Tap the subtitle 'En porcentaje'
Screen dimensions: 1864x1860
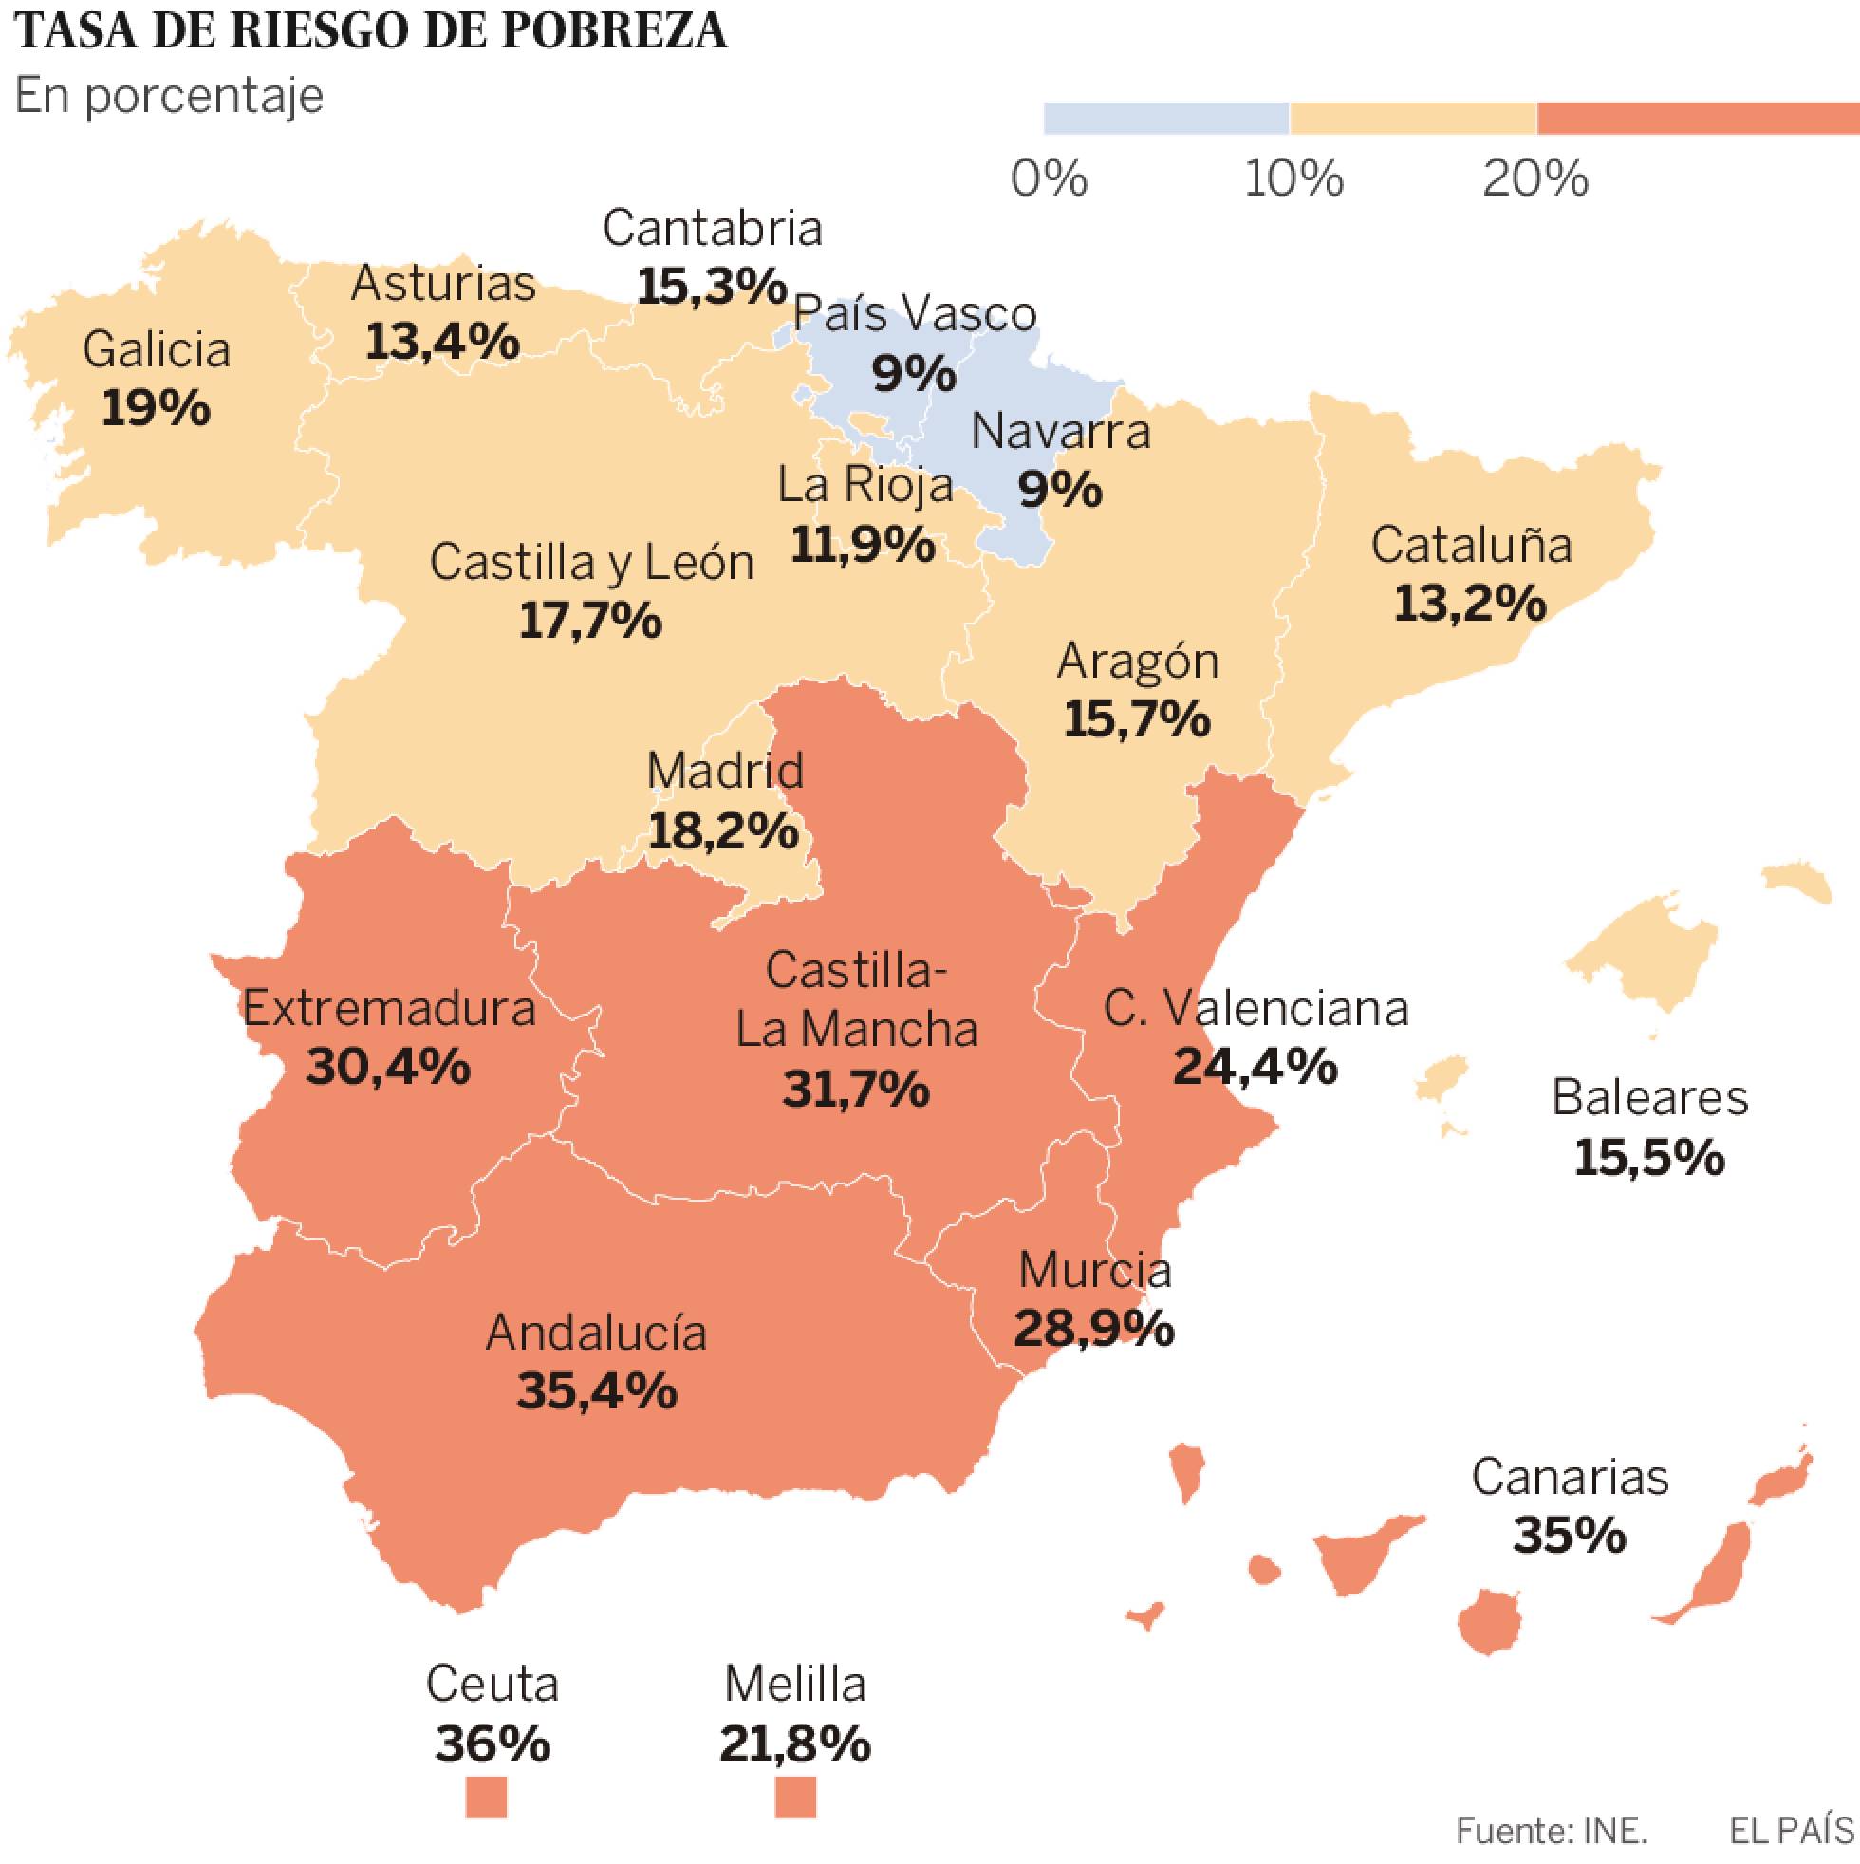169,97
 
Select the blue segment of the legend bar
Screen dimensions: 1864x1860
1165,118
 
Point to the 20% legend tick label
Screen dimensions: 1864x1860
1534,179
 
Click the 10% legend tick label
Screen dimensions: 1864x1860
1293,179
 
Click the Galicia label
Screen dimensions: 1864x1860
157,349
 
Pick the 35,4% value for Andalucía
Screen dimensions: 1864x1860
596,1390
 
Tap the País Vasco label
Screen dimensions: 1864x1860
914,313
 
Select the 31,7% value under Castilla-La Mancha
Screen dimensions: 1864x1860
856,1090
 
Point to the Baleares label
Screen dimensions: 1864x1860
1649,1098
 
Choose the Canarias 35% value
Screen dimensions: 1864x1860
1570,1535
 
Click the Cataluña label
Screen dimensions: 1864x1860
1471,545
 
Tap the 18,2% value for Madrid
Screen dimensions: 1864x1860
723,829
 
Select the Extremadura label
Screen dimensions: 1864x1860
389,1009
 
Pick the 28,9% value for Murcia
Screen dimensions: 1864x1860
1094,1330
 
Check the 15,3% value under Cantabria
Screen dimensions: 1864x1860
712,287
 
